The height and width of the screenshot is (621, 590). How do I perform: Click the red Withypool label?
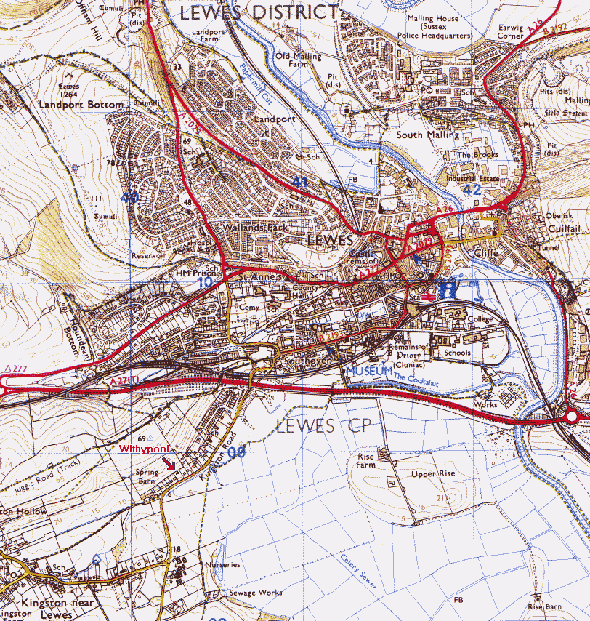(144, 449)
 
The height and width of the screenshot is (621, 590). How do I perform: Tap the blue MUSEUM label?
(368, 371)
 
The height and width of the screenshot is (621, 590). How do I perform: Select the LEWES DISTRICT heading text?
(259, 12)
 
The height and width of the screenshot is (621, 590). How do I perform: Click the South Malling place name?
(428, 135)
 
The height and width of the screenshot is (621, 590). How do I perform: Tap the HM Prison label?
(192, 273)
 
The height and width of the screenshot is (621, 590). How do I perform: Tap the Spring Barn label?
(147, 476)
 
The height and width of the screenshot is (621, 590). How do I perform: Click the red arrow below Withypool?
(168, 463)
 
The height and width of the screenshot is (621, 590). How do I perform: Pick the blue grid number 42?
(472, 189)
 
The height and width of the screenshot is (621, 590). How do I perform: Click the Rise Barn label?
(544, 606)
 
